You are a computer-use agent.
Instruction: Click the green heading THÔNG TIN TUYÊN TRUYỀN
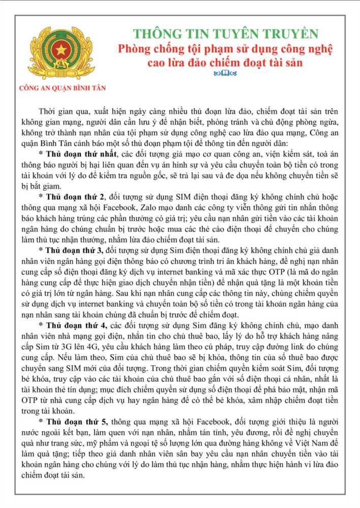point(225,34)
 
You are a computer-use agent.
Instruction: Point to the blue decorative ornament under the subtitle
point(225,74)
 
